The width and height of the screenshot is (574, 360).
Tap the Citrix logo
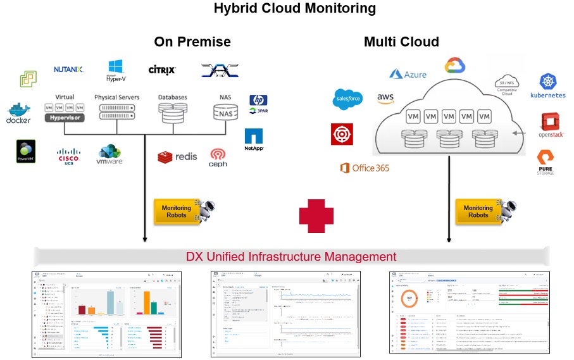click(162, 70)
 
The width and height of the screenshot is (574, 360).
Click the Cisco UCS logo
click(68, 154)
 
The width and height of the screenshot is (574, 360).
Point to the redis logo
click(178, 156)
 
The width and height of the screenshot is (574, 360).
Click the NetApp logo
click(254, 139)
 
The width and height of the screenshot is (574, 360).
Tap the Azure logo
click(408, 74)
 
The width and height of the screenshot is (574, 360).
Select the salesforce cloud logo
click(347, 99)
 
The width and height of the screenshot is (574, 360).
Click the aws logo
click(385, 98)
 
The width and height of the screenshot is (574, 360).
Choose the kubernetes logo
click(548, 86)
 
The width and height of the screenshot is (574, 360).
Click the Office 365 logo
click(365, 168)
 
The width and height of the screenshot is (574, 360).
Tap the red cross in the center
click(316, 215)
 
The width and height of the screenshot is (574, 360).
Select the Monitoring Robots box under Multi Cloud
click(478, 212)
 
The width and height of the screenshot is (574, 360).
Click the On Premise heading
click(192, 42)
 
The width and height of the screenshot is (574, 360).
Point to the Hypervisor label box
click(65, 118)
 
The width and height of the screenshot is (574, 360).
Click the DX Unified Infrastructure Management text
click(291, 256)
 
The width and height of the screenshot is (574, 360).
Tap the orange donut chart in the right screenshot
click(409, 297)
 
